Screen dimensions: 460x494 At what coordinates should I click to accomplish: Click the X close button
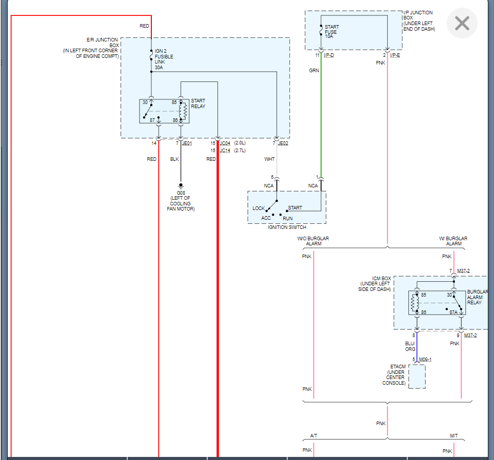coord(462,24)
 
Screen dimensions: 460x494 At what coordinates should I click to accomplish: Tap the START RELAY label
coord(198,103)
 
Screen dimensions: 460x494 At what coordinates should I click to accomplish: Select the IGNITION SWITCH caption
coord(287,227)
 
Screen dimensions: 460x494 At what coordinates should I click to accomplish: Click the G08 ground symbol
coord(181,185)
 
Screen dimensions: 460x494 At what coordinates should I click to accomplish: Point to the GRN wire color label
coord(314,70)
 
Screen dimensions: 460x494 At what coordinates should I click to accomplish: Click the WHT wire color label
coord(269,159)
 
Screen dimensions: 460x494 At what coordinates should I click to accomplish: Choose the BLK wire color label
coord(174,159)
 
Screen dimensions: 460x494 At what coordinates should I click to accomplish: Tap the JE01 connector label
coord(187,143)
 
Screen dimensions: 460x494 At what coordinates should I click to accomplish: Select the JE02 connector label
coord(283,143)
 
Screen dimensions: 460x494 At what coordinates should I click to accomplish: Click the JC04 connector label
coord(225,143)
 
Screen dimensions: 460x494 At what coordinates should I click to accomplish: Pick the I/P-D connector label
coord(328,55)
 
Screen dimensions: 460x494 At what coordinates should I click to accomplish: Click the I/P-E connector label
coord(395,55)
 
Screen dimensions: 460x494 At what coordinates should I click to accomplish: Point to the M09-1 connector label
coord(425,359)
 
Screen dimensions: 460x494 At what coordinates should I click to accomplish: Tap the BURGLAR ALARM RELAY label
coord(477,297)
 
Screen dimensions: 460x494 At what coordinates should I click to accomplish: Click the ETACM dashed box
coord(417,377)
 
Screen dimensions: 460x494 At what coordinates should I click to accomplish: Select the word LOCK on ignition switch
coord(259,208)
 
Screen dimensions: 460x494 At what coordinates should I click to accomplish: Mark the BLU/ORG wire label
coord(410,346)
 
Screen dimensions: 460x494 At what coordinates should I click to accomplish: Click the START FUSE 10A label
coord(332,32)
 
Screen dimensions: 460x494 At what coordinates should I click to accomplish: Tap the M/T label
coord(454,435)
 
